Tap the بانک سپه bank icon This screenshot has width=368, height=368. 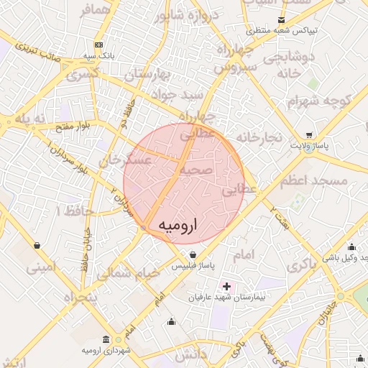point(98,45)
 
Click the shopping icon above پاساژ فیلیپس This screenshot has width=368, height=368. point(193,254)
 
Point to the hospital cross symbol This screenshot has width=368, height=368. point(227,286)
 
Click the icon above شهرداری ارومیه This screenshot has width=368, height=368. point(106,339)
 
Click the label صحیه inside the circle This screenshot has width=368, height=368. point(196,170)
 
